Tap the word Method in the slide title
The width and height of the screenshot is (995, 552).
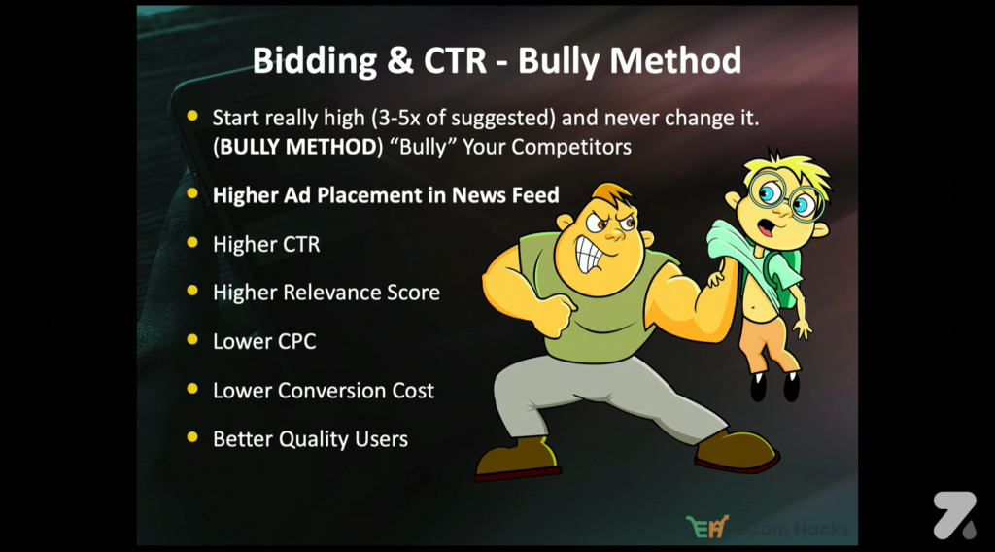coord(675,60)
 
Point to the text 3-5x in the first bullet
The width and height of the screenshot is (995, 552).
coord(399,118)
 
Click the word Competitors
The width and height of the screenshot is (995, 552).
coord(571,147)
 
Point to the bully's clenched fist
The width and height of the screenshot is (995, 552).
coord(554,313)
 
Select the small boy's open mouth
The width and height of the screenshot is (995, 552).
coord(767,226)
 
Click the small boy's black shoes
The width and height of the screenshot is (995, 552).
coord(774,387)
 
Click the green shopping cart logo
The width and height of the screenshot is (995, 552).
coord(707,527)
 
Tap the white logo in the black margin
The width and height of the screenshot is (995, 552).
coord(954,515)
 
